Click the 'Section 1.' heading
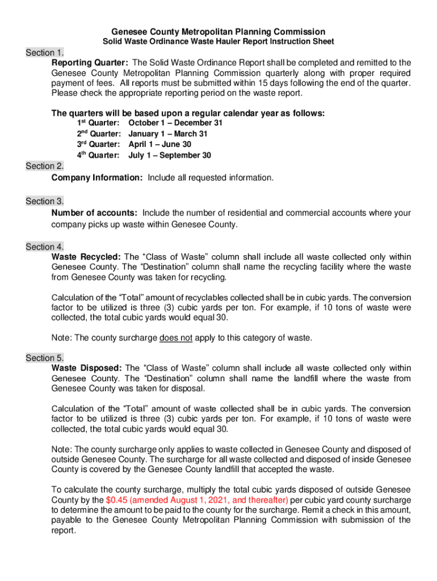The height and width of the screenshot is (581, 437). coord(45,53)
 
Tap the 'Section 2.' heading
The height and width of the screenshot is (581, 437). coord(45,166)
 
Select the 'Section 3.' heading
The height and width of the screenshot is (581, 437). coord(45,201)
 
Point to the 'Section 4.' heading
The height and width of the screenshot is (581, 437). coord(45,247)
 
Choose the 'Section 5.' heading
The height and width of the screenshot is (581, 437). coord(45,358)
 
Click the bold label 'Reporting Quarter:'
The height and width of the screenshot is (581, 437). coord(90,63)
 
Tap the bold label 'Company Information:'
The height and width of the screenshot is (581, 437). coord(97,178)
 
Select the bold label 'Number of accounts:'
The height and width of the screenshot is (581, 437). coord(94,213)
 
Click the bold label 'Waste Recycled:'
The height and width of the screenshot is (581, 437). coord(85,256)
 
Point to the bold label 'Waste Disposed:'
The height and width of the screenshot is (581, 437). coord(85,368)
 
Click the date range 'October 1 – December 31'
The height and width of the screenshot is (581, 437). coord(176,123)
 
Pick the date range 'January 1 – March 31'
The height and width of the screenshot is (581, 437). coord(168,134)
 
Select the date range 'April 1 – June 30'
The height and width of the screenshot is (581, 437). coord(160,145)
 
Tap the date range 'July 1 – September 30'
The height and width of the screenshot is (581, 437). coord(170,155)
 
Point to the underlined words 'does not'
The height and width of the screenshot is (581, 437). coord(176,338)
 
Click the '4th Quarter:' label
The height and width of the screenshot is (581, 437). coord(99,155)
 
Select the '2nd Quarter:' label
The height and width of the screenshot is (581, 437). coord(99,134)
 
